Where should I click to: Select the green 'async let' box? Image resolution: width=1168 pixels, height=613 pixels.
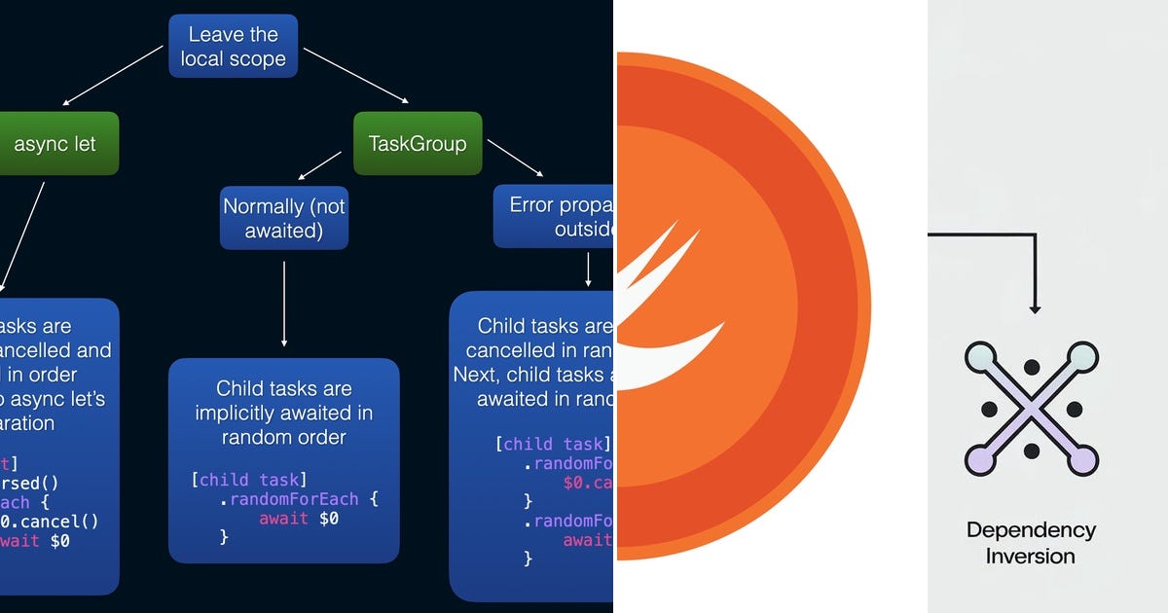click(x=55, y=144)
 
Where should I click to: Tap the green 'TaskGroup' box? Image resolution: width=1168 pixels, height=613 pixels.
click(x=418, y=144)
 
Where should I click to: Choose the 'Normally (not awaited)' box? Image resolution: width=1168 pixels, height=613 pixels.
click(x=283, y=218)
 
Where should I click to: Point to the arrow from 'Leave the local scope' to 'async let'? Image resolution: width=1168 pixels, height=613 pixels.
click(x=112, y=76)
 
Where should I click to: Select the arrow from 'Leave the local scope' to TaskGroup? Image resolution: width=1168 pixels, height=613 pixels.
click(x=355, y=75)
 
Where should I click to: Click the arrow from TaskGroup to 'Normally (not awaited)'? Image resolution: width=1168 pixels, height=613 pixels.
click(x=320, y=165)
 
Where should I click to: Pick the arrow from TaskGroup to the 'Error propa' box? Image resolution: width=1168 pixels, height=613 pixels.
click(x=513, y=159)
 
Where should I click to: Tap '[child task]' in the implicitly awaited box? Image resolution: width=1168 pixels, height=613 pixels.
click(x=248, y=479)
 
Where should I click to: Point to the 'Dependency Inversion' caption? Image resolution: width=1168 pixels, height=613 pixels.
click(x=1031, y=543)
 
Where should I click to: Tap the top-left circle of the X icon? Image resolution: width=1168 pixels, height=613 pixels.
click(x=981, y=358)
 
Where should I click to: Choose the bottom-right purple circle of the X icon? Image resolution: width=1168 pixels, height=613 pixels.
click(x=1082, y=458)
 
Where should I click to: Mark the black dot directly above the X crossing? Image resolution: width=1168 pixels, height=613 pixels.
click(x=1032, y=367)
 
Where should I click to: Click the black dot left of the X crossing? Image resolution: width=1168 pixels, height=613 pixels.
click(x=988, y=408)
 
